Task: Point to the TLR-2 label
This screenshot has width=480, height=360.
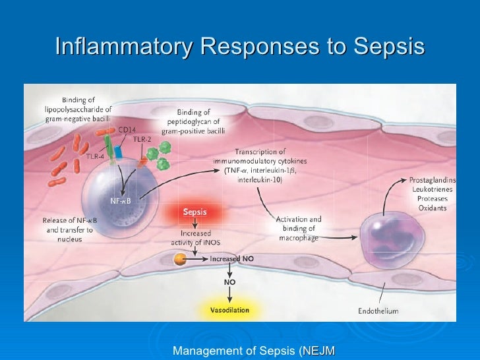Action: click(x=141, y=139)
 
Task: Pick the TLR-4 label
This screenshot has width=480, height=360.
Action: click(x=94, y=156)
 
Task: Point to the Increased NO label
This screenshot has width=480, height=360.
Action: click(x=231, y=259)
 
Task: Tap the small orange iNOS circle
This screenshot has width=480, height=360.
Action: click(x=180, y=259)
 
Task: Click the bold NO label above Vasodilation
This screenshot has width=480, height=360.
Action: click(x=230, y=282)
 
